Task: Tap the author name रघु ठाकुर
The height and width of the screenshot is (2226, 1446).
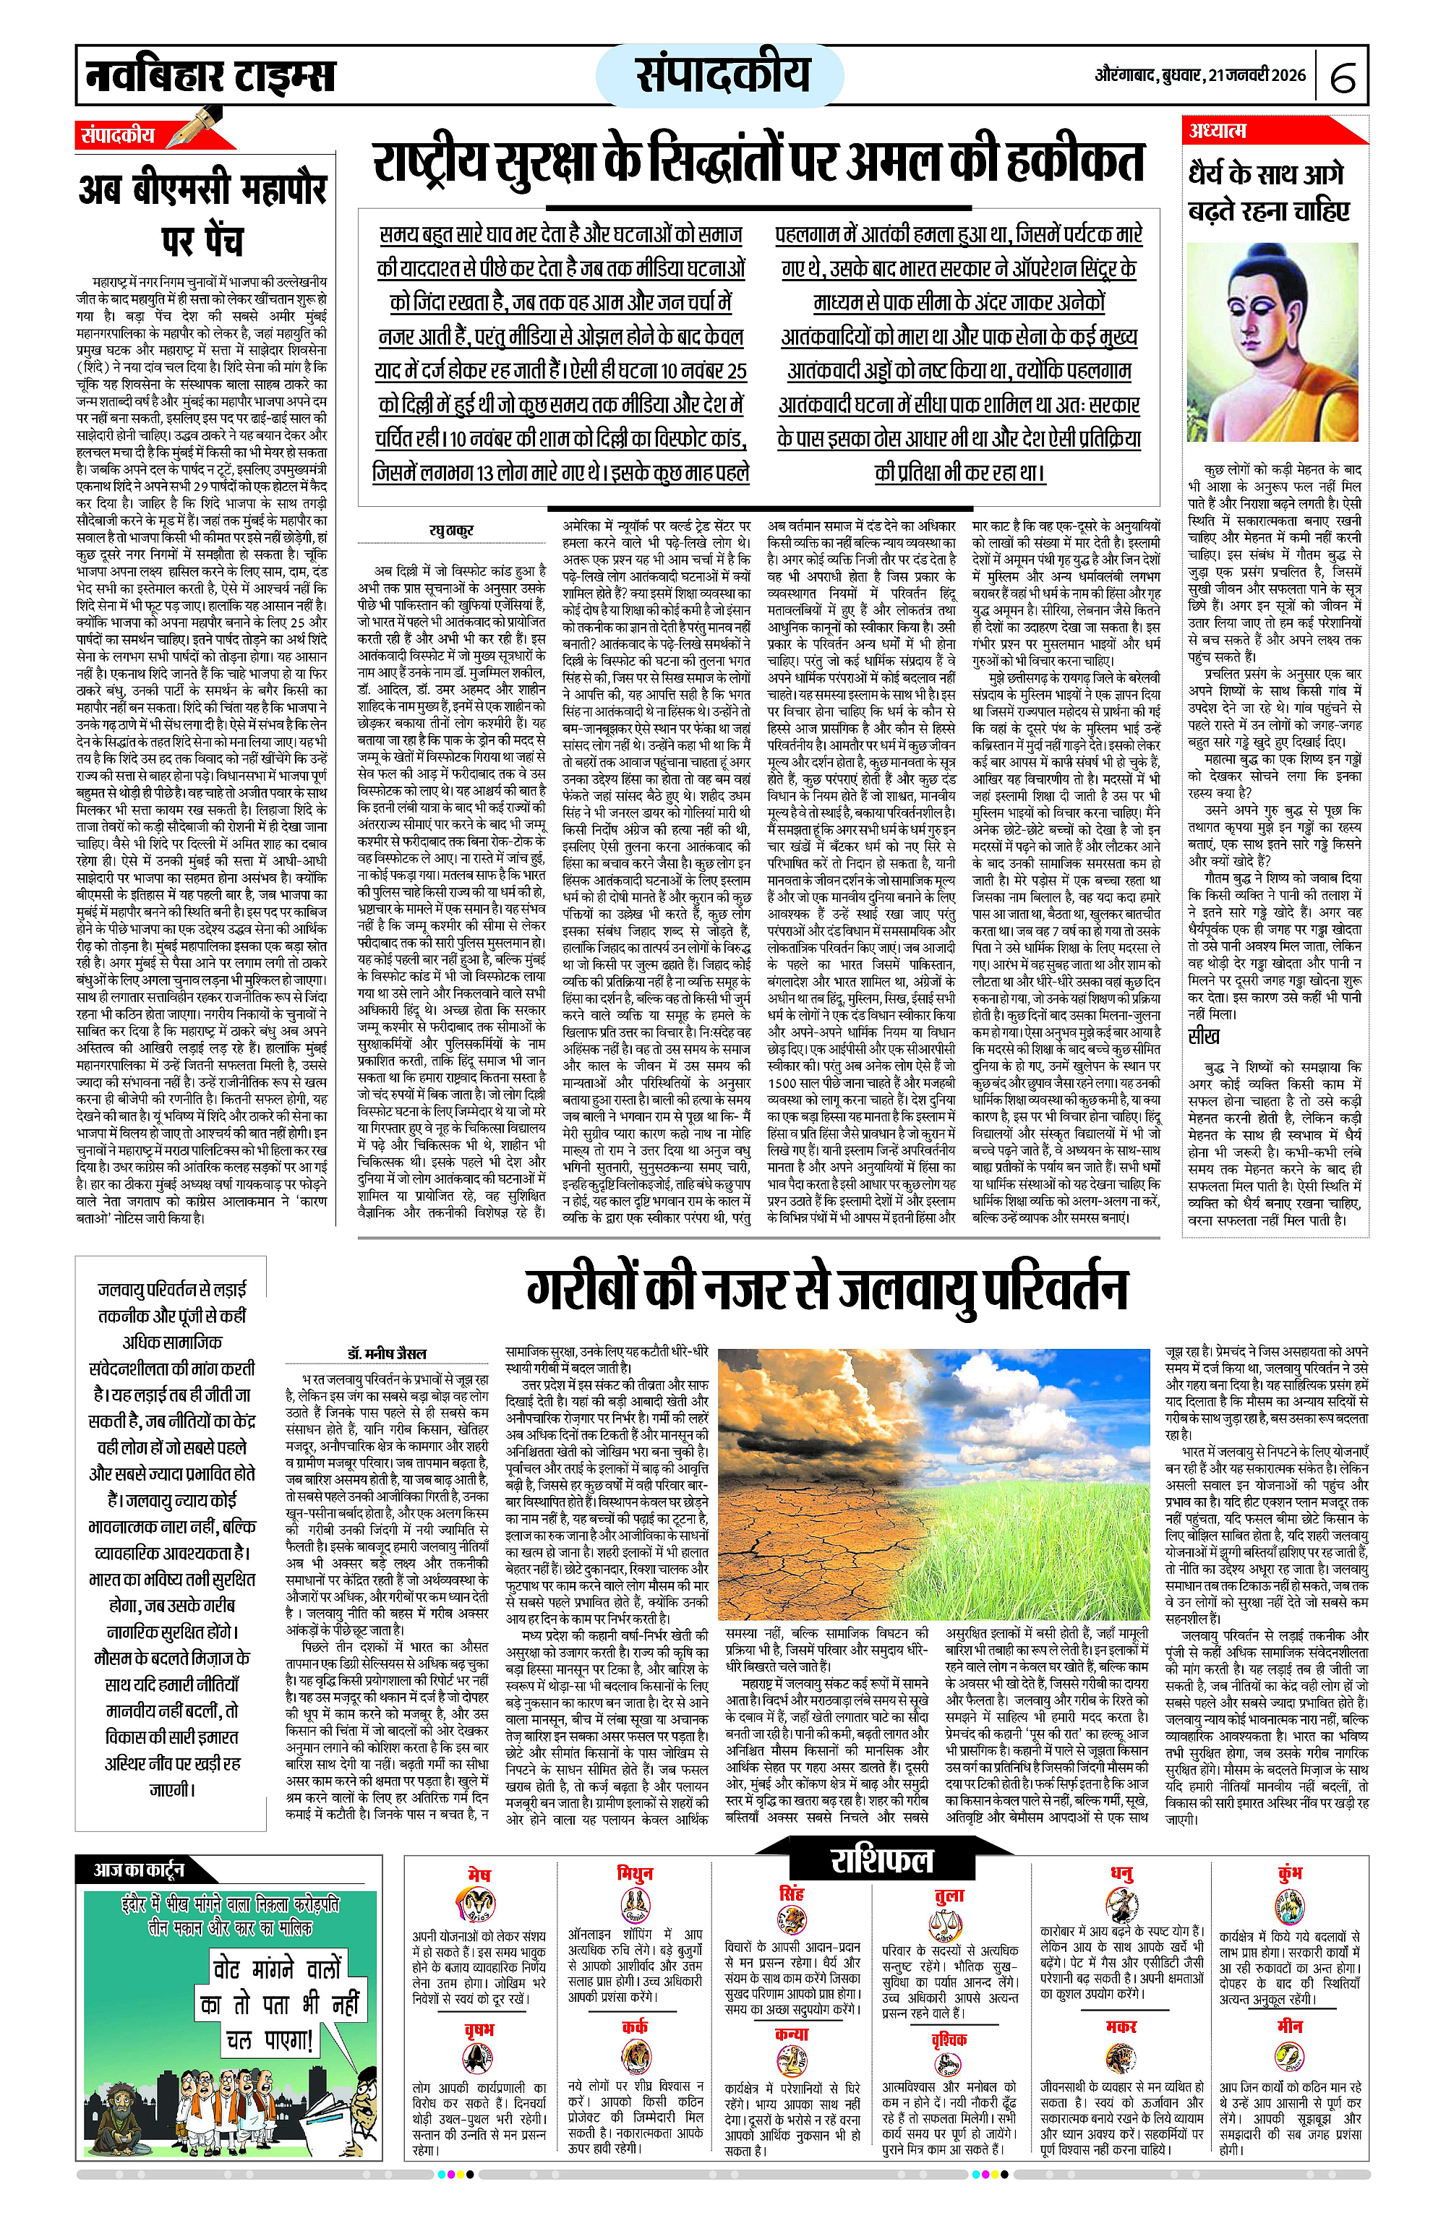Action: point(451,531)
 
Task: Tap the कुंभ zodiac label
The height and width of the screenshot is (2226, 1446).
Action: point(1290,1873)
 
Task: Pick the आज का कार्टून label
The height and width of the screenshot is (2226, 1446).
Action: point(138,1870)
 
